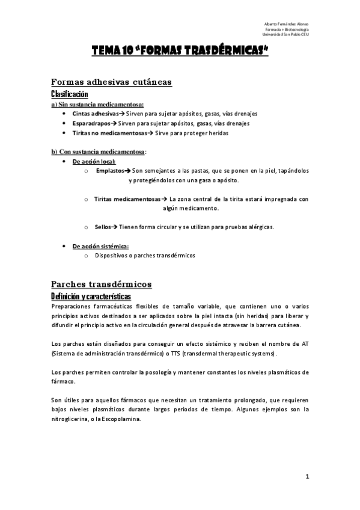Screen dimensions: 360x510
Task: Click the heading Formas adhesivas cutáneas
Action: [x=112, y=82]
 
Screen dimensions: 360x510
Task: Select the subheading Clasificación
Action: [x=70, y=94]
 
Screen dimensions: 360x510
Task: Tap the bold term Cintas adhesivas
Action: [x=94, y=113]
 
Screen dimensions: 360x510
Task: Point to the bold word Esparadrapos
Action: [x=91, y=123]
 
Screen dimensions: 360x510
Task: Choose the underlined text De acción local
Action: [x=94, y=161]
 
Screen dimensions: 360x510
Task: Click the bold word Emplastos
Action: [x=109, y=171]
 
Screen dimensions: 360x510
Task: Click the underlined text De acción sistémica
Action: [x=100, y=246]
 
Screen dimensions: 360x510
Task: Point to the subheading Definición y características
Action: [x=91, y=296]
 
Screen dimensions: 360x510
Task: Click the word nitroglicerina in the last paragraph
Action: [x=71, y=419]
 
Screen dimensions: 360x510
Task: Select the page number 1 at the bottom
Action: [x=307, y=478]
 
